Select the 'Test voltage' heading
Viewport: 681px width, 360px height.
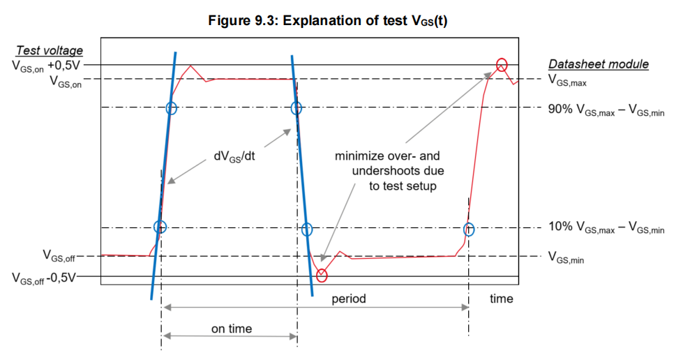[x=50, y=50]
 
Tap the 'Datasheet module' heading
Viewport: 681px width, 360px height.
[x=599, y=64]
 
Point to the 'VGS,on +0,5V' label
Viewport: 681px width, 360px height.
[x=46, y=66]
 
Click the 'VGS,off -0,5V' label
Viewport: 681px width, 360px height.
[x=44, y=278]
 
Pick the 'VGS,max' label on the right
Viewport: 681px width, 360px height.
[x=568, y=81]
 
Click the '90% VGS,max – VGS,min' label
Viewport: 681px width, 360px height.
[x=606, y=110]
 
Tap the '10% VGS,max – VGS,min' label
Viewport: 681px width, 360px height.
[x=606, y=227]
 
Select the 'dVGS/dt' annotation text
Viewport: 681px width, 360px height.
[x=234, y=157]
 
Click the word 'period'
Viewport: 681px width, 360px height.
[x=349, y=299]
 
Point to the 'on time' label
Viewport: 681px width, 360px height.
[x=232, y=329]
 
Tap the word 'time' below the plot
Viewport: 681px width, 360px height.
[x=502, y=299]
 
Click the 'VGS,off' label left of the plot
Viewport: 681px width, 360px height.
[x=59, y=256]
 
